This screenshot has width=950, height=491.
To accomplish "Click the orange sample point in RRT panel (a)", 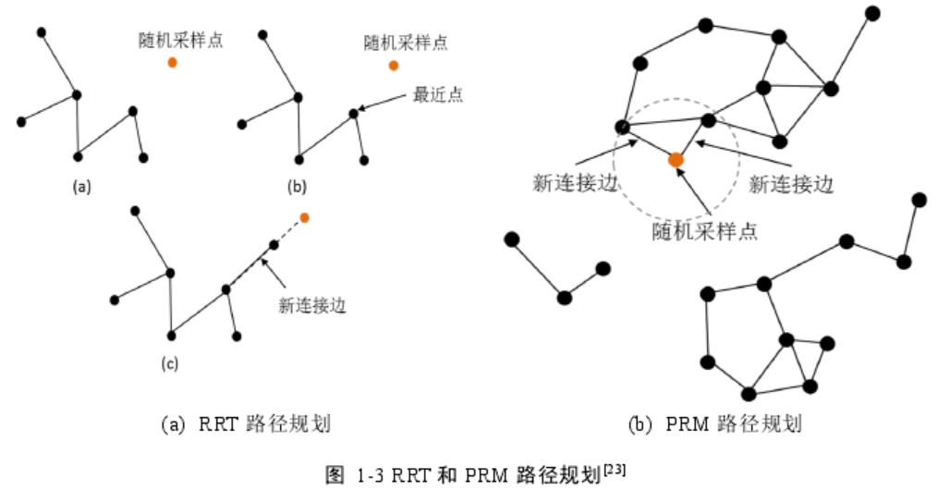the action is [173, 63].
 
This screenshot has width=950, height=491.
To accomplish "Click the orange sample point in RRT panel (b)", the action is [394, 66].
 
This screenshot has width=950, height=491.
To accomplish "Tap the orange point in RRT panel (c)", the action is [304, 217].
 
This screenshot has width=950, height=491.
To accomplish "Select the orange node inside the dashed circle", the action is [676, 160].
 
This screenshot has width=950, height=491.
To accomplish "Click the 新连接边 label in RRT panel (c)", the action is [312, 306].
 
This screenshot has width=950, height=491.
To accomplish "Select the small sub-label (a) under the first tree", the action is [82, 187].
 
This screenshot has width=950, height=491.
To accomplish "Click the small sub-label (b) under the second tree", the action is [297, 187].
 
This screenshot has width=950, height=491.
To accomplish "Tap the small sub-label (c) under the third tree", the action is [169, 363].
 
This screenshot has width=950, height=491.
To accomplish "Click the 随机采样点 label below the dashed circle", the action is [705, 230].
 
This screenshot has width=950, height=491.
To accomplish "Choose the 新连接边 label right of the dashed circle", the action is [791, 184].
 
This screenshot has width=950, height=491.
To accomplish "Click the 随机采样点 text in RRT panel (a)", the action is [182, 40].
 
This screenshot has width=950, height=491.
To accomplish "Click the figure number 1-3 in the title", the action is [372, 476].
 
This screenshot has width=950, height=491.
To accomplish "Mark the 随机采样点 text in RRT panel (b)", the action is [406, 42].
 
